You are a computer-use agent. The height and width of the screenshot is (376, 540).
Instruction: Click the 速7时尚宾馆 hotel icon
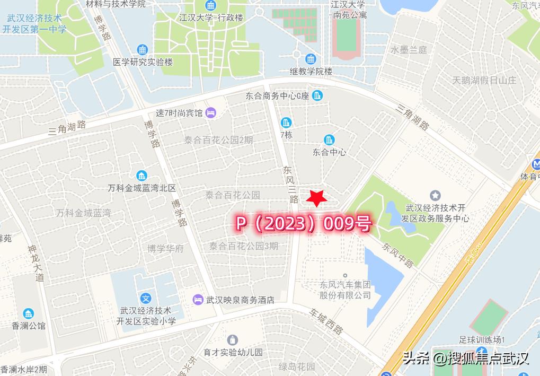(210, 112)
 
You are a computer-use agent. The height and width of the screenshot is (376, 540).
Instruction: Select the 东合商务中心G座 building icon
(317, 96)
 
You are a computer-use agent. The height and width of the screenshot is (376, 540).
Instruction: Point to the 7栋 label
(286, 135)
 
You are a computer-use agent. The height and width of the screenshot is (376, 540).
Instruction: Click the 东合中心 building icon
(329, 140)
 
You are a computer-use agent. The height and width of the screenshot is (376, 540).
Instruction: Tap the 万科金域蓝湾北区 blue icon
(141, 176)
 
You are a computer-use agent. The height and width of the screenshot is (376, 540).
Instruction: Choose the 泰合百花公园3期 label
(243, 246)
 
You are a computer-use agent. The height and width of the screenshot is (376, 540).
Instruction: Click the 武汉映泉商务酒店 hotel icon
(198, 300)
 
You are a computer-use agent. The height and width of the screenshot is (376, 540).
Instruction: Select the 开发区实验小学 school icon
(146, 299)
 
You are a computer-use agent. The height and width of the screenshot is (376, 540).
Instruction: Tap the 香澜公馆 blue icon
(28, 313)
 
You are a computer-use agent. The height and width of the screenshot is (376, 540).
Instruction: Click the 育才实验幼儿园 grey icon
(232, 340)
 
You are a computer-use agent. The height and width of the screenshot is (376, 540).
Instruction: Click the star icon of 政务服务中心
(435, 195)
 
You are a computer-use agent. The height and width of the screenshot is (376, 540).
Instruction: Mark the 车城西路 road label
(326, 321)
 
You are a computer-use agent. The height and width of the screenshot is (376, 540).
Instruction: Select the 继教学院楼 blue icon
(311, 59)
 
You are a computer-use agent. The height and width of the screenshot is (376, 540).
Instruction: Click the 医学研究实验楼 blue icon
(143, 50)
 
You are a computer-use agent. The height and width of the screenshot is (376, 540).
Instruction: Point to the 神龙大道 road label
(36, 263)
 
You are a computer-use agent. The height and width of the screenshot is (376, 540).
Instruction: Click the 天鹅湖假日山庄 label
(484, 81)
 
